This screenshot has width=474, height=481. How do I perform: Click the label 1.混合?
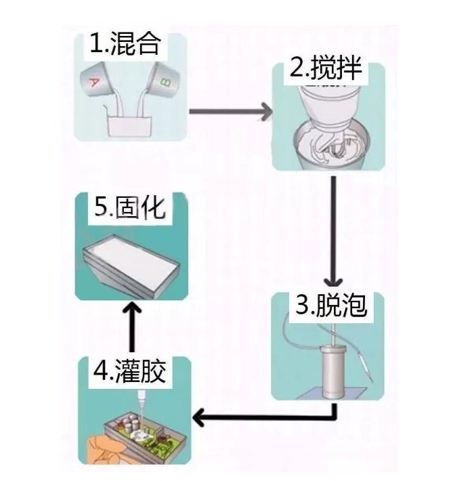pos(126,44)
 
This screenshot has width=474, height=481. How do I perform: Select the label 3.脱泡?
pos(330,306)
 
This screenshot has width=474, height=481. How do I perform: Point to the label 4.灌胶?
pos(130,371)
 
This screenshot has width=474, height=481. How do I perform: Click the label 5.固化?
pos(130,207)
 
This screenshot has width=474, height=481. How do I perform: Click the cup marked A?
pos(98,81)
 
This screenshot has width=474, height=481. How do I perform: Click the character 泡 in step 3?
pos(353,306)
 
